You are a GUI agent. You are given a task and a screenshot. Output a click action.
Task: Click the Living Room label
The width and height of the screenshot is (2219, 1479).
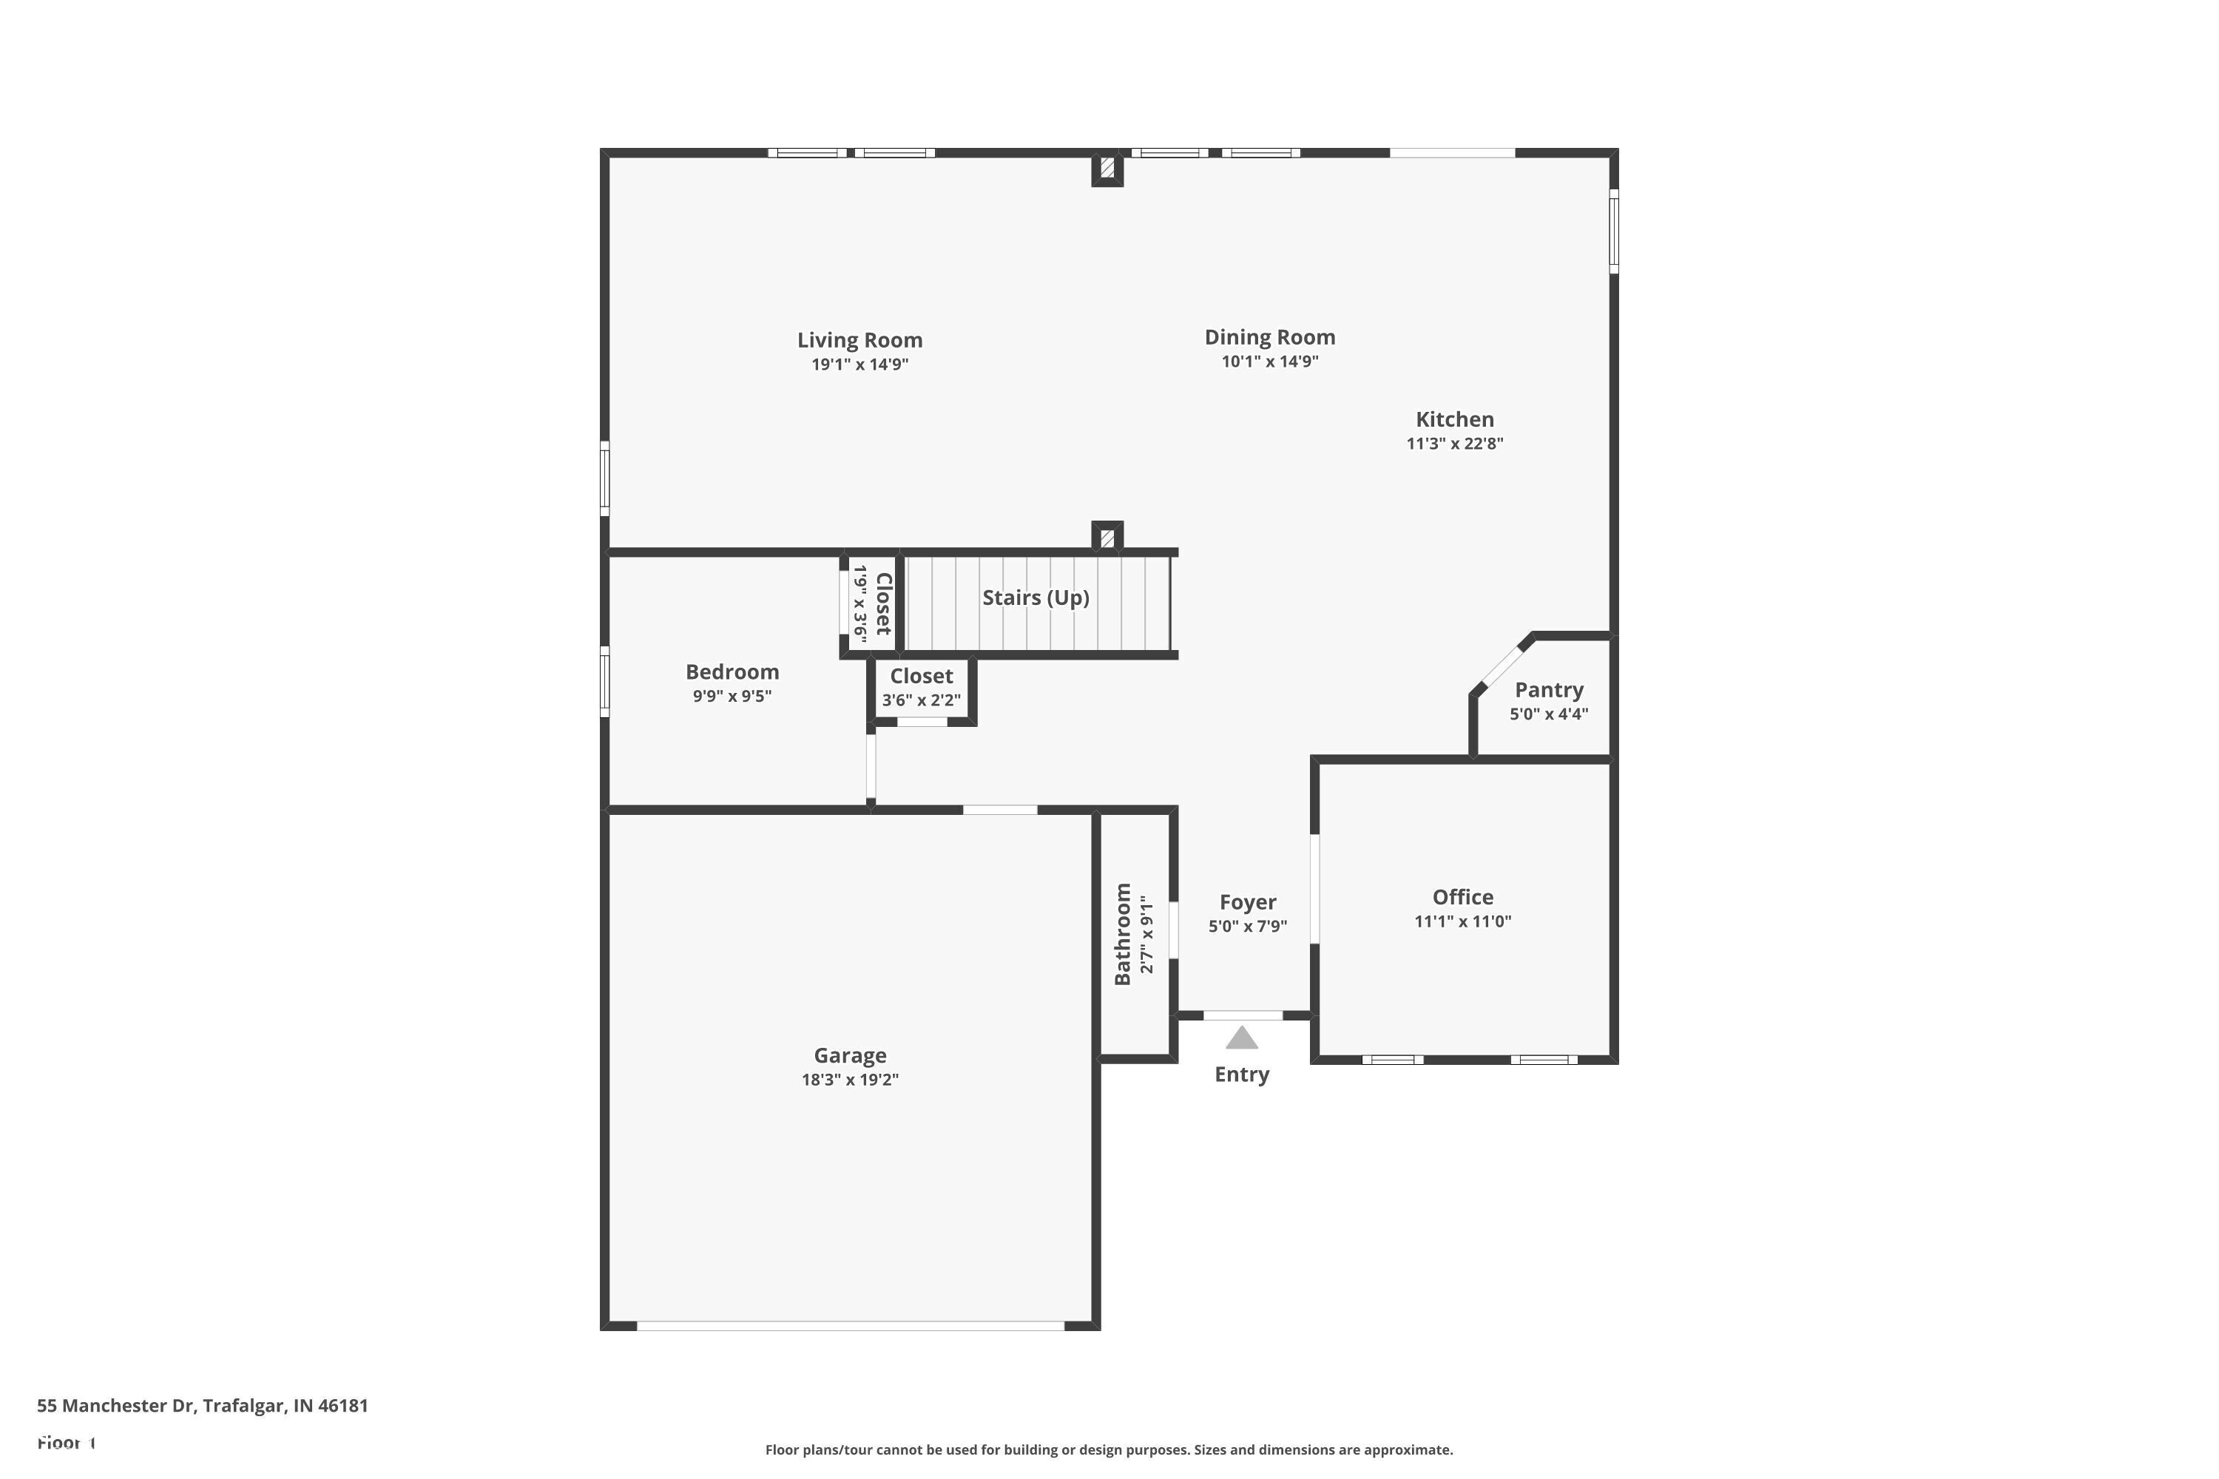pyautogui.click(x=859, y=340)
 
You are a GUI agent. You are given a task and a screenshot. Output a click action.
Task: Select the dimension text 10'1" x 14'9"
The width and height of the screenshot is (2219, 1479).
pyautogui.click(x=1269, y=362)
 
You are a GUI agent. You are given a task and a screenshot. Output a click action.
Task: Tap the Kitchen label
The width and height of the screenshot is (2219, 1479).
pyautogui.click(x=1454, y=420)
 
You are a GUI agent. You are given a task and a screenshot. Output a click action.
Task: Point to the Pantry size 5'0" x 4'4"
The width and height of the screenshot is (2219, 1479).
pyautogui.click(x=1548, y=715)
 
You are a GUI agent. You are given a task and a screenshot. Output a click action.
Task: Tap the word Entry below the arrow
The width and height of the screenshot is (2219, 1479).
pyautogui.click(x=1242, y=1074)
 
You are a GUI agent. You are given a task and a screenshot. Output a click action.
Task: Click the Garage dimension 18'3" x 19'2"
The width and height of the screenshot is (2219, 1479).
pyautogui.click(x=849, y=1080)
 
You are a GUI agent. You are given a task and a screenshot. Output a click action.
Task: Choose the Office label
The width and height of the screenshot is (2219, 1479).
pyautogui.click(x=1462, y=898)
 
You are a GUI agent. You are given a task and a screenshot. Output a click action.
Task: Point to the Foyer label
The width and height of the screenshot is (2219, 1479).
pyautogui.click(x=1247, y=903)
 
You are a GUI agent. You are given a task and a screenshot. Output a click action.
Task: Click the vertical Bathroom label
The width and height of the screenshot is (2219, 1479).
pyautogui.click(x=1123, y=934)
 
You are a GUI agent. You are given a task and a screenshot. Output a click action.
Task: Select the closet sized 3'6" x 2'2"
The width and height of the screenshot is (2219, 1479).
pyautogui.click(x=921, y=688)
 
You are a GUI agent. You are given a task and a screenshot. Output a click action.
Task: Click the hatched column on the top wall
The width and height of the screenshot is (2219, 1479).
pyautogui.click(x=1107, y=169)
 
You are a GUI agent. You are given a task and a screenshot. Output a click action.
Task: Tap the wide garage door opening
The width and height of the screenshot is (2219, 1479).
pyautogui.click(x=849, y=1326)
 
